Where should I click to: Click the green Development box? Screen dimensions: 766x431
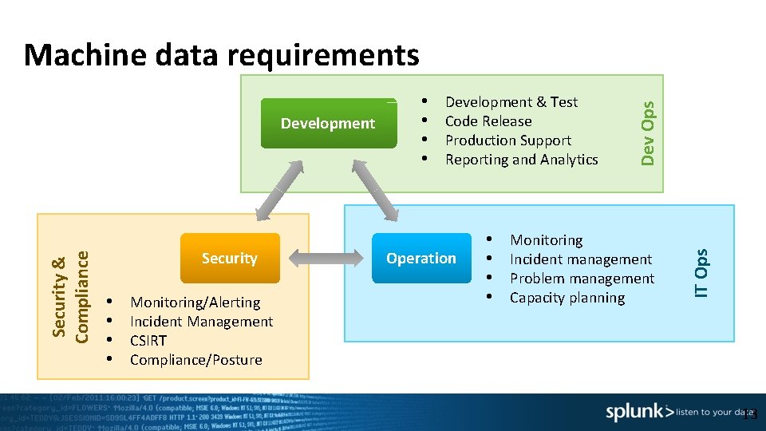click(328, 124)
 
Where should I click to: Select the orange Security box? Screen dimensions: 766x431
click(230, 258)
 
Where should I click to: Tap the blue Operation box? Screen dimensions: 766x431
click(421, 258)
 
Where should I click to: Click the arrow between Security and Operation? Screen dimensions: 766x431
click(326, 258)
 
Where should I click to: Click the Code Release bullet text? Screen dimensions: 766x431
click(488, 121)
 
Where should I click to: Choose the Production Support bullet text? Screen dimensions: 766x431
click(508, 140)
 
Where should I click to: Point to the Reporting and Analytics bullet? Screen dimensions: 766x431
click(521, 160)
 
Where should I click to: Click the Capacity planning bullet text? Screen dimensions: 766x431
click(567, 298)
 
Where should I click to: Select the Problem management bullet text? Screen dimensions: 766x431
click(582, 279)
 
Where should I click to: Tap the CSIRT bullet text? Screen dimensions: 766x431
click(148, 341)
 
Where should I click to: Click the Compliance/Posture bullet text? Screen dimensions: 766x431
click(196, 360)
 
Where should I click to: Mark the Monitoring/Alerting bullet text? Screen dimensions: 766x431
click(195, 302)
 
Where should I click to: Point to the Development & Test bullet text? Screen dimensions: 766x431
click(511, 102)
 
